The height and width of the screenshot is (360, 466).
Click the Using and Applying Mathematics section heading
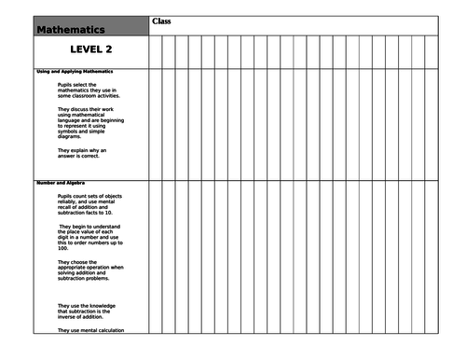(75, 72)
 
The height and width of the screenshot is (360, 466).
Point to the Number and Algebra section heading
(61, 182)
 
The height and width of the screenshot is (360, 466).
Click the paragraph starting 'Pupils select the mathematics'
(89, 89)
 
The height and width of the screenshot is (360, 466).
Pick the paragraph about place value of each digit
(89, 238)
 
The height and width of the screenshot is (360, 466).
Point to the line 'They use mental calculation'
(90, 331)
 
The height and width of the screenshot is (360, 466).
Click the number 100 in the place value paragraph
(62, 249)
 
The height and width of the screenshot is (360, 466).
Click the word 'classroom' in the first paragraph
(82, 94)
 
